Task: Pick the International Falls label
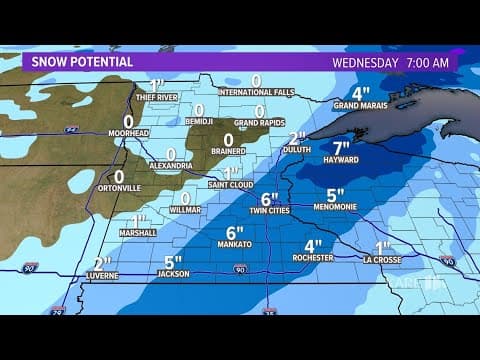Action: click(255, 93)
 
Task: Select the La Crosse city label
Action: click(382, 259)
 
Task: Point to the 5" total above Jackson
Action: click(172, 261)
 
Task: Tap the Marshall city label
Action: click(138, 233)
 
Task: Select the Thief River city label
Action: click(155, 97)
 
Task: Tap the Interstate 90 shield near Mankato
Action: click(240, 269)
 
